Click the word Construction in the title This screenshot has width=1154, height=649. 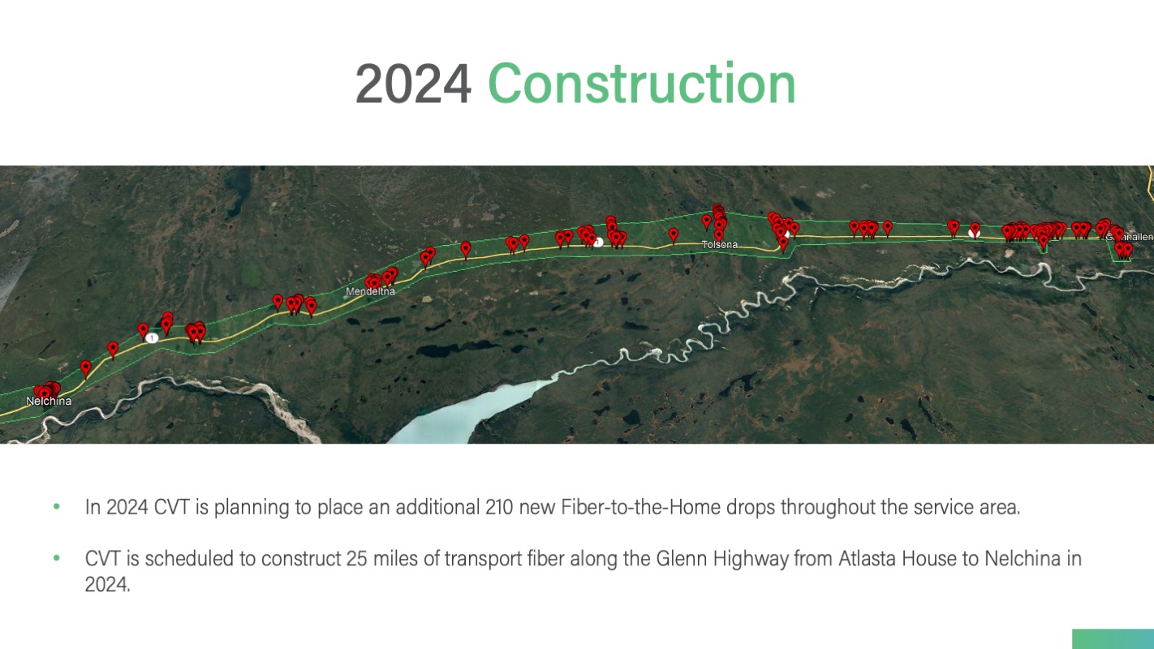click(641, 83)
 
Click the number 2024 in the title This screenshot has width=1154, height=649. click(413, 84)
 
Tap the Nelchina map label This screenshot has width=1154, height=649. click(49, 401)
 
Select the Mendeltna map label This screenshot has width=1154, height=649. click(370, 291)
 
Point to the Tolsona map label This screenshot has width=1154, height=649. click(719, 245)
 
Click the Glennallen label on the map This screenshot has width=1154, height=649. click(1130, 237)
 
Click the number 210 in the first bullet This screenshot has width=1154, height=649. click(499, 507)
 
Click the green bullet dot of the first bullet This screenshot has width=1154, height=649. click(57, 507)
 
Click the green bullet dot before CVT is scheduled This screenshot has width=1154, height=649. click(57, 558)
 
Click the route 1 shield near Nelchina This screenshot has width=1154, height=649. click(152, 338)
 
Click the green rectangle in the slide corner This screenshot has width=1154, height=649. click(1113, 638)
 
